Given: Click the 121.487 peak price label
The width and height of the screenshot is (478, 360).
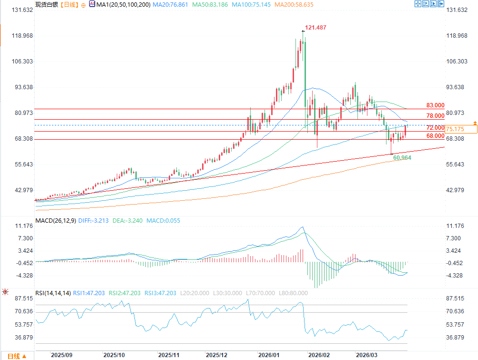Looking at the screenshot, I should point(315,28).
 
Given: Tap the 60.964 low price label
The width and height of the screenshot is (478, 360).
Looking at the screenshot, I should point(403,157).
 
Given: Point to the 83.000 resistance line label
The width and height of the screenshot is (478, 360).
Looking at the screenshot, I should point(435,105).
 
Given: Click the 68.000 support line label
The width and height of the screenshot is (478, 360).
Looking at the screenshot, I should point(435,136).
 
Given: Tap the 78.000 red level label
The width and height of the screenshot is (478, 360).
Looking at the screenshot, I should point(435,116).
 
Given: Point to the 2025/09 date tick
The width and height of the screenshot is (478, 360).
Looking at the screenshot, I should point(62,355).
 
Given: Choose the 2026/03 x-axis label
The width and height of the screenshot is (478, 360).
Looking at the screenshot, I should point(367,355).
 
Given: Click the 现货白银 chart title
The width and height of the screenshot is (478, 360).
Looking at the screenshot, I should point(46,4).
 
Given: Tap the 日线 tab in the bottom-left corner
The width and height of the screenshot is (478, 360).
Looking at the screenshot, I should point(13,356).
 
